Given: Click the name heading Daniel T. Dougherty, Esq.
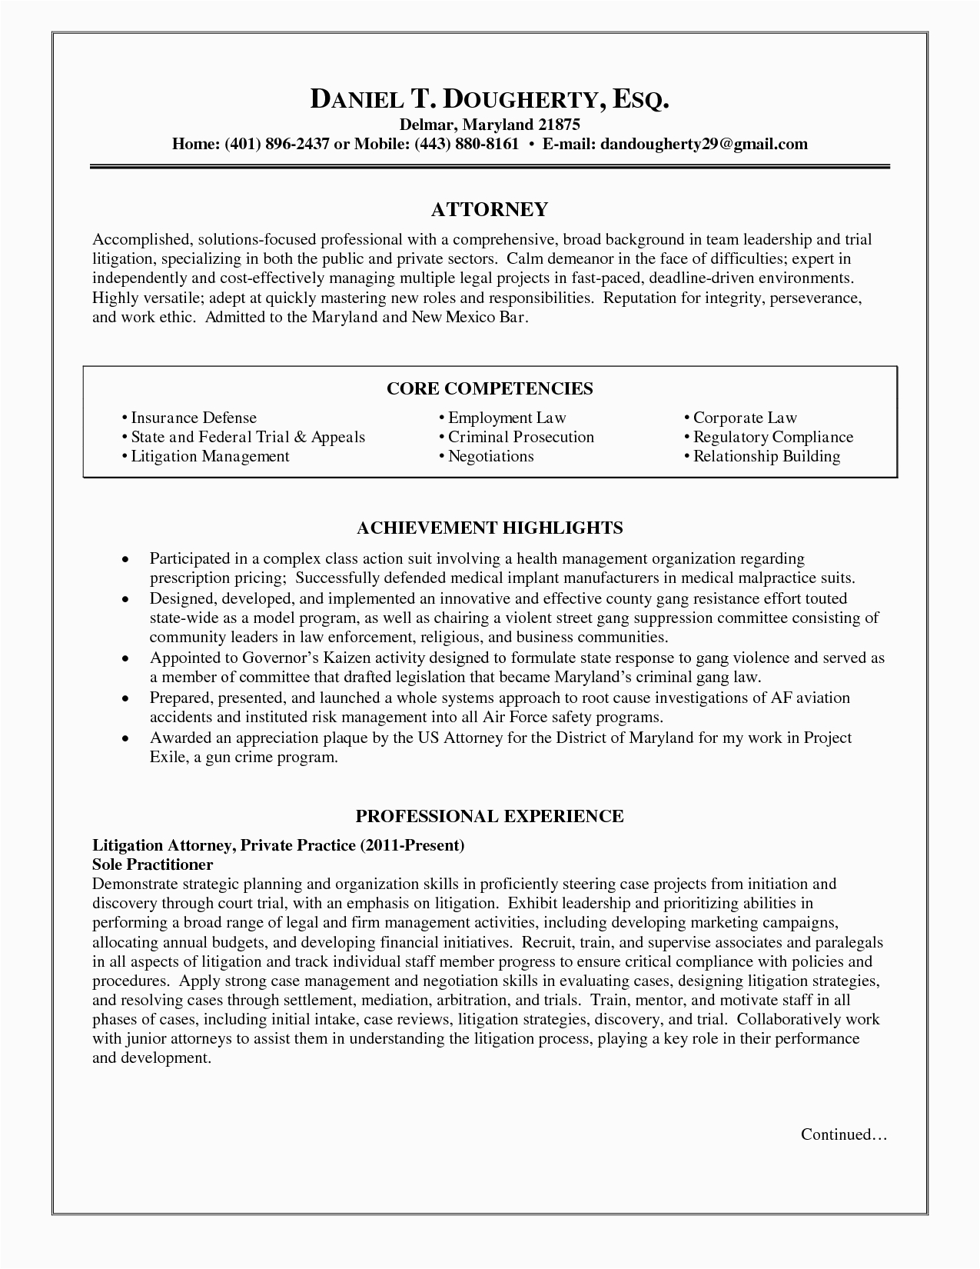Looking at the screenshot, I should pyautogui.click(x=490, y=99).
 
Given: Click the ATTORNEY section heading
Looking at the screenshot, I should pyautogui.click(x=490, y=209).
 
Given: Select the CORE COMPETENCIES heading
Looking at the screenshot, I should pyautogui.click(x=490, y=388).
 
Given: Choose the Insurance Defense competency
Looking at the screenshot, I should pyautogui.click(x=193, y=418).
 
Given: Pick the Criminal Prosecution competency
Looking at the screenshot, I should pyautogui.click(x=520, y=437).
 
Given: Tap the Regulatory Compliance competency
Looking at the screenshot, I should pyautogui.click(x=772, y=437).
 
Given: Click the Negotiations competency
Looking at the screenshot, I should pyautogui.click(x=490, y=456).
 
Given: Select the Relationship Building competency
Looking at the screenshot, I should pyautogui.click(x=766, y=456).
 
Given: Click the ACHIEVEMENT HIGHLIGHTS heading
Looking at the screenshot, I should pyautogui.click(x=490, y=528).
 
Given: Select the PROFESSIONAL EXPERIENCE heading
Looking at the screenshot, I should pyautogui.click(x=490, y=816).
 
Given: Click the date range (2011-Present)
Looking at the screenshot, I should pyautogui.click(x=412, y=845).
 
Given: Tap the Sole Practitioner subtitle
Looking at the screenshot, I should pyautogui.click(x=152, y=864).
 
